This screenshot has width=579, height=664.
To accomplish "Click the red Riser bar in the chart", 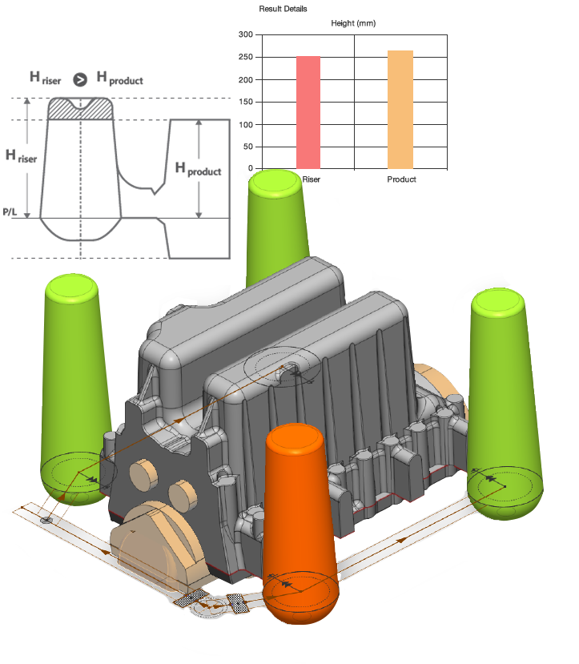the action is pos(308,113).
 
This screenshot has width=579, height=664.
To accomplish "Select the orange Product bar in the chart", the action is pos(400,110).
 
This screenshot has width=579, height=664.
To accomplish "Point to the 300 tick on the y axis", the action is pos(246,34).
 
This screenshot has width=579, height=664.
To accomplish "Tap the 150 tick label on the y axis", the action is pos(246,102).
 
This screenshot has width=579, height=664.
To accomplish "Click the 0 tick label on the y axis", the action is pos(251,168).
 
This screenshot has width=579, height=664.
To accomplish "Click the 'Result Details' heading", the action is pos(283,9).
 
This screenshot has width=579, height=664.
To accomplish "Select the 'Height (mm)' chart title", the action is pos(353,23).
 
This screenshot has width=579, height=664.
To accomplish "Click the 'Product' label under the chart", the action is pos(401,179).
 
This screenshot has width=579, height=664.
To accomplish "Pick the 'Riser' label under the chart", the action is pos(311,179).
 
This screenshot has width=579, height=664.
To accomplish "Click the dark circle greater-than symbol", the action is pos(80,79).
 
